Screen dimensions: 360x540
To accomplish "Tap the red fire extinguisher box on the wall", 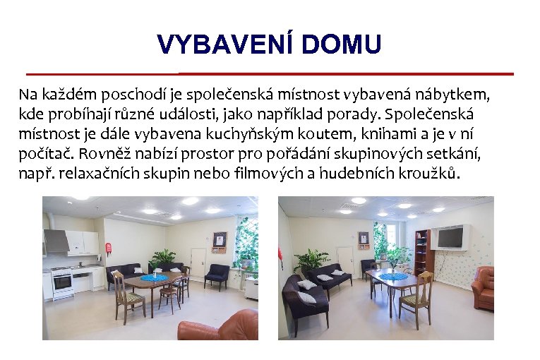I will (108, 248).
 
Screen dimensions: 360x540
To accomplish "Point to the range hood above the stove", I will (56, 242).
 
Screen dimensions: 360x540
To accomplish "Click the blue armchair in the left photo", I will (217, 275).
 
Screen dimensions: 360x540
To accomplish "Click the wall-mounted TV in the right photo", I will (449, 236).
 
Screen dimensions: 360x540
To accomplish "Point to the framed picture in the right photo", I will (363, 240).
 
